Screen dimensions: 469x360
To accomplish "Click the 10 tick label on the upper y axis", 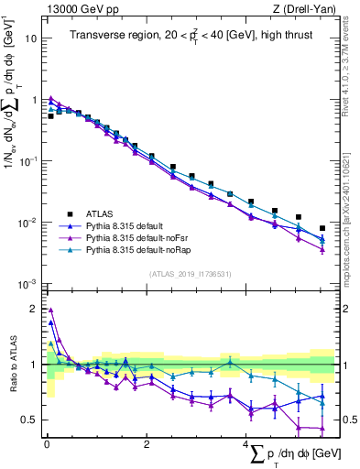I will click(33, 39).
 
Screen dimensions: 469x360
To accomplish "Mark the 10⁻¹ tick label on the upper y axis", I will click(30, 161).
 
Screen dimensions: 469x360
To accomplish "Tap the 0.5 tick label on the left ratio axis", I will click(30, 420).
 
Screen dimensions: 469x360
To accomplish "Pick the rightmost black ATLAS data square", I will click(322, 228).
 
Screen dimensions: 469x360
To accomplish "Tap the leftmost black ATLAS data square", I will click(51, 116).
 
